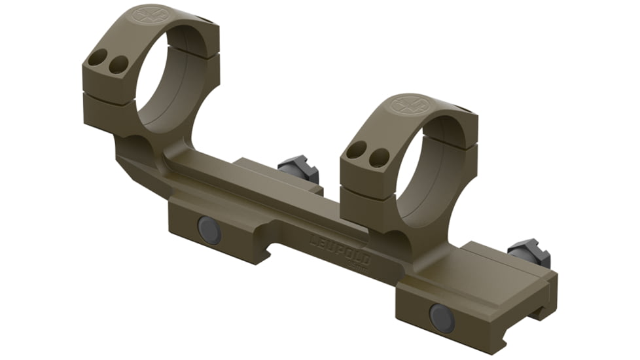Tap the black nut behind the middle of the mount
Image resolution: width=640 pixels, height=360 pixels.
click(298, 168)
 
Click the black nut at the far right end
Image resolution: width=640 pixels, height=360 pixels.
click(529, 254)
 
